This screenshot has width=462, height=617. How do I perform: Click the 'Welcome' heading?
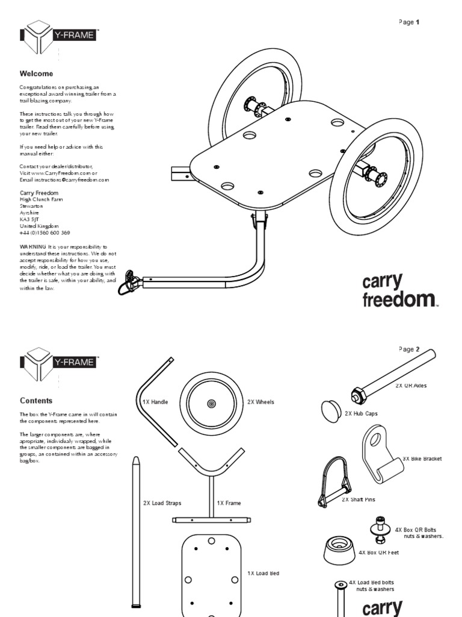tap(36, 74)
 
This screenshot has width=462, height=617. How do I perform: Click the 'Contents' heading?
tap(36, 400)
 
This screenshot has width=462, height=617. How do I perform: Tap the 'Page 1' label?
tap(408, 22)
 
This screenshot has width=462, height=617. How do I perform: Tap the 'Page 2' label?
tap(408, 349)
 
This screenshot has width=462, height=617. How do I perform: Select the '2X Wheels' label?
tap(260, 402)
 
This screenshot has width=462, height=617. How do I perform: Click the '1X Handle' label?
tap(155, 402)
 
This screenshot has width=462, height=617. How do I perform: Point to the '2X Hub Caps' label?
tap(361, 414)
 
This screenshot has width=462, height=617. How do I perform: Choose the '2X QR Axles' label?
tap(411, 386)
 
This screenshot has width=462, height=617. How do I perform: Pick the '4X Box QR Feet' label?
tap(378, 552)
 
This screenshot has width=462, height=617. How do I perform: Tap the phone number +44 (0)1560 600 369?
tap(45, 233)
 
